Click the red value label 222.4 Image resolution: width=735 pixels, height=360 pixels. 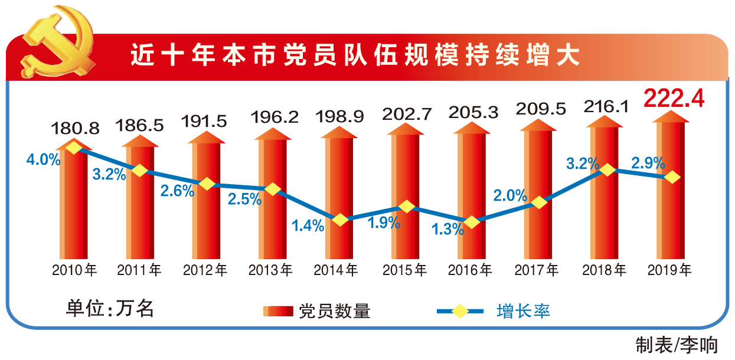(x=674, y=99)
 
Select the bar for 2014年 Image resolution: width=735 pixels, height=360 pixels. (x=339, y=195)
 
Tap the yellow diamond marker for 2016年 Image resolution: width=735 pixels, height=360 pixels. (x=472, y=222)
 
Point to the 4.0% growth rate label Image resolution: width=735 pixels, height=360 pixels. (x=43, y=160)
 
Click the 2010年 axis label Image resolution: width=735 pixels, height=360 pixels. (x=74, y=270)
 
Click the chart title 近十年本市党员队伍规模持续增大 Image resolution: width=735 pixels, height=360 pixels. (x=355, y=56)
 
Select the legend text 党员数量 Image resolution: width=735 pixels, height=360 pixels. (x=334, y=311)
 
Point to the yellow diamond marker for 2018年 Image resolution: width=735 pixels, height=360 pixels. (x=606, y=170)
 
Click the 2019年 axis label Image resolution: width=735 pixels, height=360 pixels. (x=670, y=270)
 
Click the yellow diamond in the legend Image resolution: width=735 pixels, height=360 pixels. (x=459, y=310)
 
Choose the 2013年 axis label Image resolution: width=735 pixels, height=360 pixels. (x=270, y=270)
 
